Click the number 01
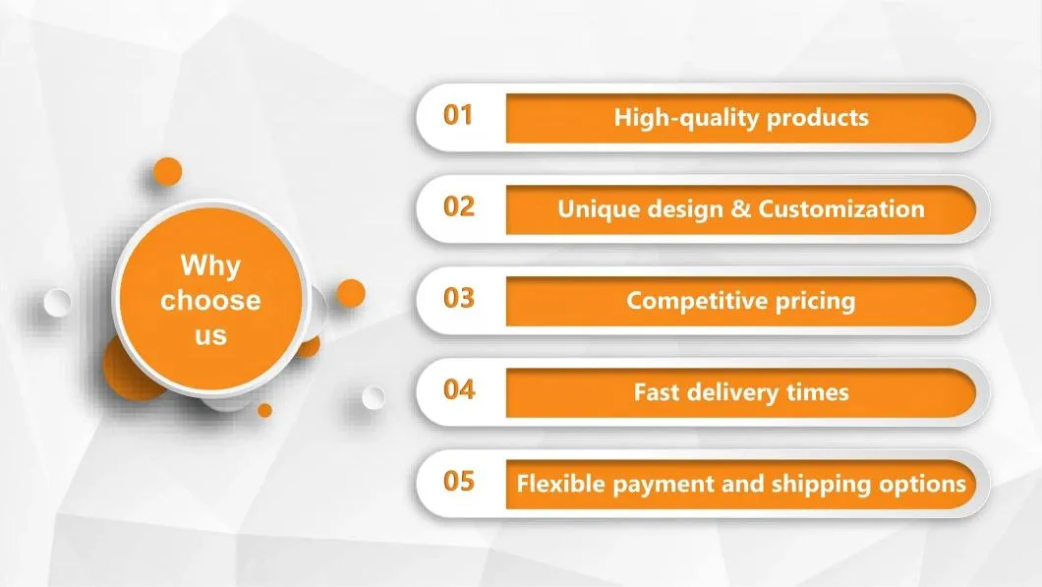pos(458,116)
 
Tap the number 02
pos(458,207)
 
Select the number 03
pos(458,299)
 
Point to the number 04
pos(458,390)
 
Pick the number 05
pos(458,482)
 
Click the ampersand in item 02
pos(742,209)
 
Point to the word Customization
pos(841,209)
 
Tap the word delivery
pos(728,392)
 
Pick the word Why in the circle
pos(209,265)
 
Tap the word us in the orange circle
pos(209,336)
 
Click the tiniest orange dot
pos(264,409)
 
